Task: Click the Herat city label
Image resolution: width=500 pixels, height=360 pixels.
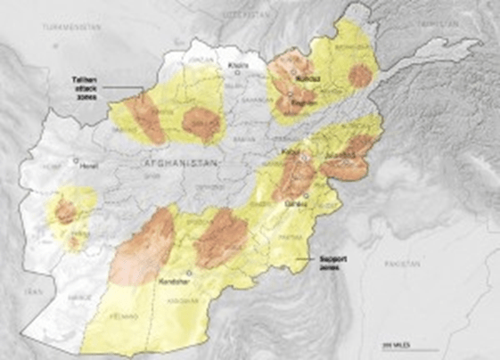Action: [88, 166]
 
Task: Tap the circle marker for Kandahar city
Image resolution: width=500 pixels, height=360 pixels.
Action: [188, 272]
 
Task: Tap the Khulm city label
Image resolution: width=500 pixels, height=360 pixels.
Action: [238, 65]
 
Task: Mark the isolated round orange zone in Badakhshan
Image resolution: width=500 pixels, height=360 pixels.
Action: [359, 76]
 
